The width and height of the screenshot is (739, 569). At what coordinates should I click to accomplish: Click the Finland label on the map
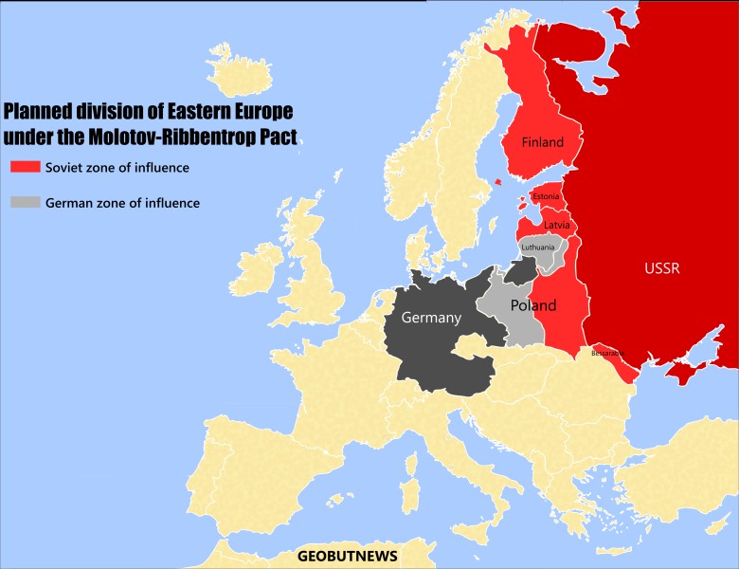pyautogui.click(x=543, y=142)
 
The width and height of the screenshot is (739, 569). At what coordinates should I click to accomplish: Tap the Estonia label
pyautogui.click(x=546, y=196)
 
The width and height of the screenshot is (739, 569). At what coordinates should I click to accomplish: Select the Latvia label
pyautogui.click(x=556, y=225)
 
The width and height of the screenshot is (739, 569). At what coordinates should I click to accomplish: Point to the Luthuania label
pyautogui.click(x=538, y=247)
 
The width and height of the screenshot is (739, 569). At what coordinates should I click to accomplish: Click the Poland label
pyautogui.click(x=532, y=305)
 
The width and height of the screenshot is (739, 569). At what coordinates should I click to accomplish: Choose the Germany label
pyautogui.click(x=430, y=318)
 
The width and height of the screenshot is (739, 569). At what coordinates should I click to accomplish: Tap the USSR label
pyautogui.click(x=661, y=267)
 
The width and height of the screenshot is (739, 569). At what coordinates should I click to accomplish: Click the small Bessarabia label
pyautogui.click(x=607, y=353)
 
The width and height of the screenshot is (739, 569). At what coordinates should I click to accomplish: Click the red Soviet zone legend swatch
pyautogui.click(x=23, y=168)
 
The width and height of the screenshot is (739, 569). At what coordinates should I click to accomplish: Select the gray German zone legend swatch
pyautogui.click(x=23, y=202)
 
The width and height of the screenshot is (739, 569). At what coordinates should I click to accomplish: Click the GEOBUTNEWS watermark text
pyautogui.click(x=348, y=556)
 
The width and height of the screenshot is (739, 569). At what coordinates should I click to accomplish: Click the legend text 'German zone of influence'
pyautogui.click(x=122, y=203)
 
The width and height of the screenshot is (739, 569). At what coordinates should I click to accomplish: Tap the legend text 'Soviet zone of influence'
pyautogui.click(x=117, y=168)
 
